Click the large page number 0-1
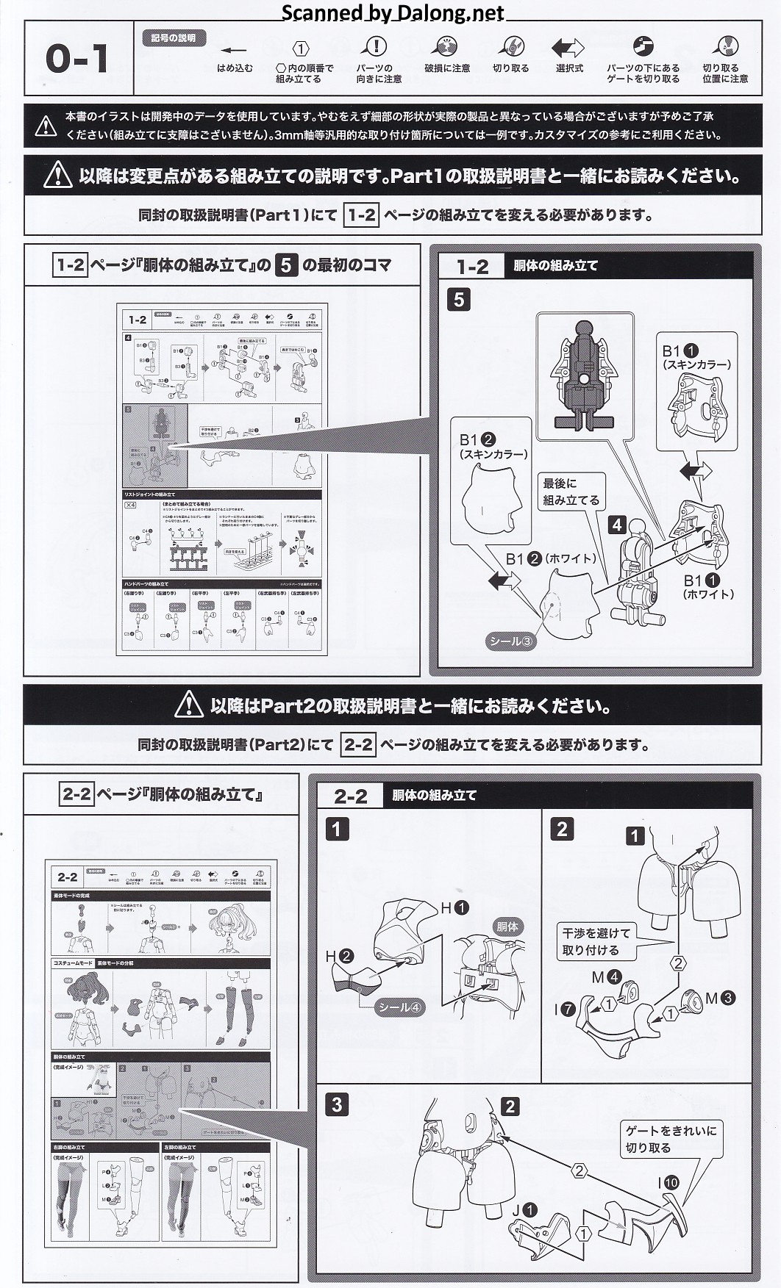pyautogui.click(x=77, y=59)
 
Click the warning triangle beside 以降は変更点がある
pyautogui.click(x=58, y=176)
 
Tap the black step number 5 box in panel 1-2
pyautogui.click(x=459, y=300)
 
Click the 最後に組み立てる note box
pyautogui.click(x=571, y=492)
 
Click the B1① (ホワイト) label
pyautogui.click(x=708, y=587)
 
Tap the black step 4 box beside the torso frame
pyautogui.click(x=617, y=525)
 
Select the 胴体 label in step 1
pyautogui.click(x=507, y=927)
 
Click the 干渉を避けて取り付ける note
pyautogui.click(x=596, y=941)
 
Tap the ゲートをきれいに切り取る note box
pyautogui.click(x=670, y=1139)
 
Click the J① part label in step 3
pyautogui.click(x=525, y=1210)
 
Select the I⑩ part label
pyautogui.click(x=668, y=1183)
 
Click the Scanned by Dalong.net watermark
pyautogui.click(x=393, y=12)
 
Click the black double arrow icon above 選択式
pyautogui.click(x=568, y=48)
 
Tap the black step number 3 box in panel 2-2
pyautogui.click(x=337, y=1105)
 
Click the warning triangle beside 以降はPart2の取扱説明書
pyautogui.click(x=189, y=706)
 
